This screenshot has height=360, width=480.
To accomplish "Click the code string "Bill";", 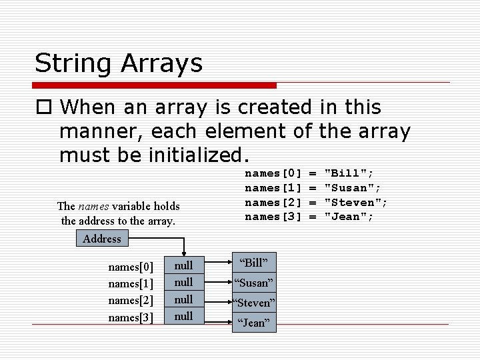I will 349,173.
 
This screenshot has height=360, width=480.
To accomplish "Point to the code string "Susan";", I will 352,188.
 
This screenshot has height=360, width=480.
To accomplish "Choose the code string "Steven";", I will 355,202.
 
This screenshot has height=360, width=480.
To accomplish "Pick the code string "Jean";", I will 349,217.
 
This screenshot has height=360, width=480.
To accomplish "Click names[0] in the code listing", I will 274,173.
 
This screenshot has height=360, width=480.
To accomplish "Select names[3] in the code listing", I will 274,217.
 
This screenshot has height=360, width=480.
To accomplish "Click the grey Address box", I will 102,238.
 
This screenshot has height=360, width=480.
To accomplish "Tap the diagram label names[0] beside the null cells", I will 131,267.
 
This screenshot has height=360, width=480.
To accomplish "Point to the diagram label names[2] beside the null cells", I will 131,301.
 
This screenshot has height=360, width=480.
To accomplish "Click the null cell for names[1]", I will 183,283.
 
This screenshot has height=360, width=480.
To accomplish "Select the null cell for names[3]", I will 183,316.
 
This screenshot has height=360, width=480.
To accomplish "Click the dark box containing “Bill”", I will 254,263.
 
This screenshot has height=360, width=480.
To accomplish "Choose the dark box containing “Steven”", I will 254,303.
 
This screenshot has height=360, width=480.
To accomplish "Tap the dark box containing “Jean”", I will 254,323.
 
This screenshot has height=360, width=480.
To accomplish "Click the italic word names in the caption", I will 91,206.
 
